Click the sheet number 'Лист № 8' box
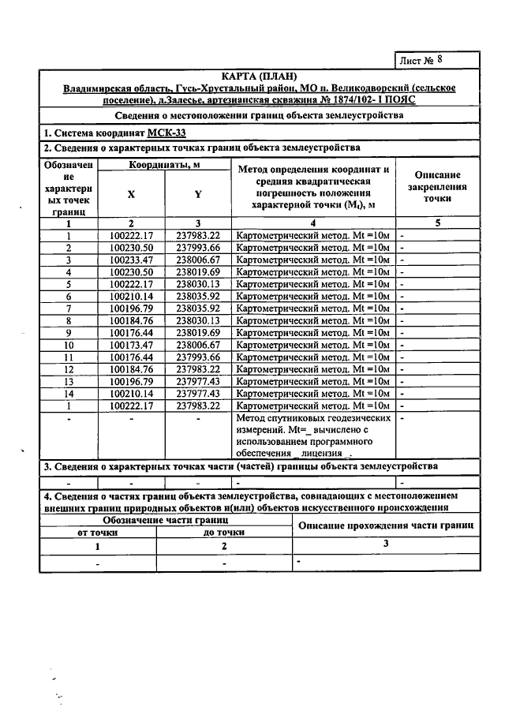(x=436, y=60)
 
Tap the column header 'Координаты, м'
(x=164, y=165)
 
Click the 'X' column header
(x=131, y=194)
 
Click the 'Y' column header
(x=198, y=194)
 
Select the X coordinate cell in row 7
(x=131, y=307)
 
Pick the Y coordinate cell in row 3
(x=198, y=260)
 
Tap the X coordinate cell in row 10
(x=131, y=344)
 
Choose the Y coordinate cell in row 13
(x=198, y=381)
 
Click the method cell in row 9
(x=313, y=332)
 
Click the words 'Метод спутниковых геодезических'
(x=313, y=418)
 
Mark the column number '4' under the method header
(x=313, y=223)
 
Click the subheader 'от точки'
(x=98, y=532)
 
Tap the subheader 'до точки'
(x=223, y=532)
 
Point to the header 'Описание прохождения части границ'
(x=385, y=525)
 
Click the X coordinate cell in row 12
(x=131, y=368)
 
